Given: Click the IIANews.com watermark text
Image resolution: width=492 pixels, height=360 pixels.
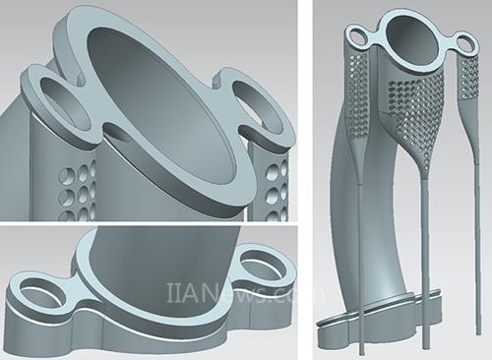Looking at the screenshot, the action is click(x=245, y=293).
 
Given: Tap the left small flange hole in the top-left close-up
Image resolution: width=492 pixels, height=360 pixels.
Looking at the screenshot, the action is click(x=65, y=104).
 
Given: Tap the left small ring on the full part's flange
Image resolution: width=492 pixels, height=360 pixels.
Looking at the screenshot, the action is click(x=358, y=36).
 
